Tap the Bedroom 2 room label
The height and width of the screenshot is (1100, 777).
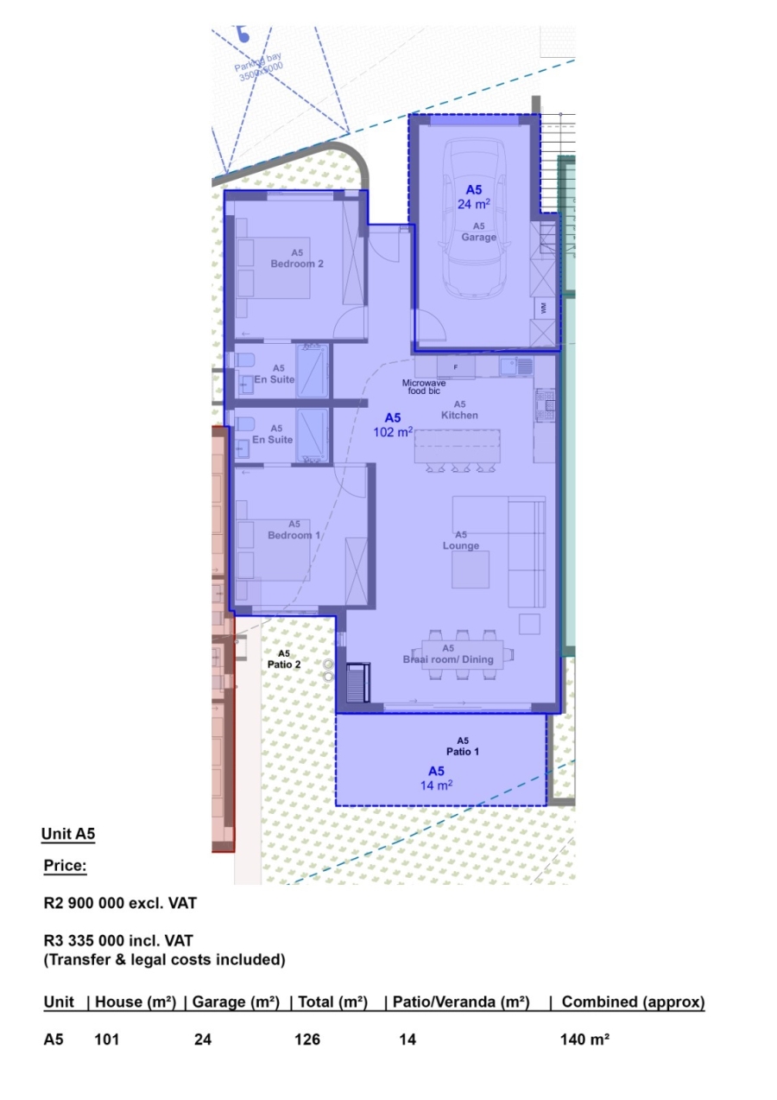point(296,258)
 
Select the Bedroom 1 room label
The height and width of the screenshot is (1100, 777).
point(294,530)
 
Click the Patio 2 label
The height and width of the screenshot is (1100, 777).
point(284,659)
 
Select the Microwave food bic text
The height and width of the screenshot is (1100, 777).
point(424,386)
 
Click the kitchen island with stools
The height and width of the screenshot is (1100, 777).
point(458,448)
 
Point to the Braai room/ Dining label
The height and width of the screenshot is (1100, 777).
point(448,654)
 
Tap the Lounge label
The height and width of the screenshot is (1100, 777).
point(461,540)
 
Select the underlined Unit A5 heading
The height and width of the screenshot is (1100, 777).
point(67,834)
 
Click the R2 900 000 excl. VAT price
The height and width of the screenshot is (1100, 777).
point(120,904)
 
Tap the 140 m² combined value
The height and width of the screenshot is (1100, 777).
point(584,1040)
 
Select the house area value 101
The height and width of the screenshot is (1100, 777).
point(106,1040)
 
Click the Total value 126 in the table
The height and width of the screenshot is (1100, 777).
point(307,1040)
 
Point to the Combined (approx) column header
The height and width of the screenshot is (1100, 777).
point(633,1002)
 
